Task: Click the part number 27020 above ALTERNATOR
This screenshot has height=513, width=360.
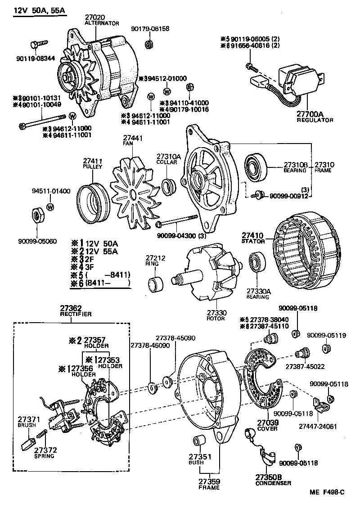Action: (94, 18)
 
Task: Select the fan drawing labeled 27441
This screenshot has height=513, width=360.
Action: (133, 193)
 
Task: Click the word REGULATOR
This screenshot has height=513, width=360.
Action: (315, 120)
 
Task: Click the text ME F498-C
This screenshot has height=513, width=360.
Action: (327, 493)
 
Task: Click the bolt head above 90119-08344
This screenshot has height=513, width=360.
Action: (35, 45)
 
